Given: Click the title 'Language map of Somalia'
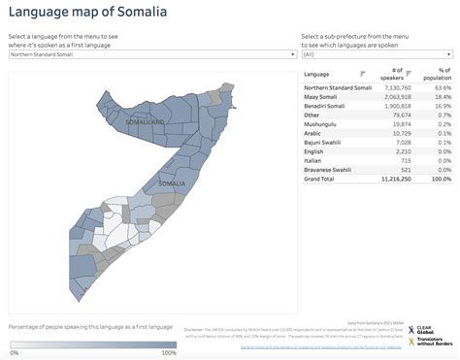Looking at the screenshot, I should pos(85,13).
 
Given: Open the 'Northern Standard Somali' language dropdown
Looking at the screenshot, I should pos(150,55).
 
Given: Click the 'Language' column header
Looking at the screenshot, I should pos(316,74).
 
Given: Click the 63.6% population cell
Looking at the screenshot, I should pos(442,87).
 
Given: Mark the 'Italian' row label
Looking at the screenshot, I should pos(314,161).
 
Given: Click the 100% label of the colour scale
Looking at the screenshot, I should pos(168,353).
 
